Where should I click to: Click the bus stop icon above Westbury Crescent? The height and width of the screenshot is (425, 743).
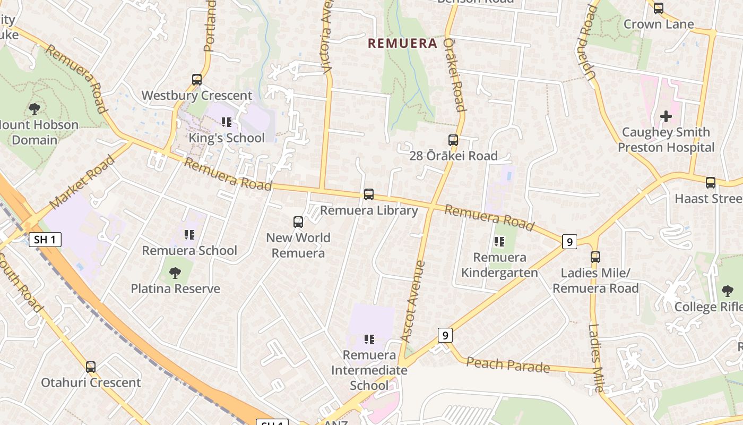[197, 80]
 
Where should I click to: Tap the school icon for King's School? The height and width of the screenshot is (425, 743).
[227, 122]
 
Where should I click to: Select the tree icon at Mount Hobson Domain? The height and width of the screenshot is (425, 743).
[34, 109]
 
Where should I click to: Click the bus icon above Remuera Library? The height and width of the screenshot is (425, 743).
[369, 194]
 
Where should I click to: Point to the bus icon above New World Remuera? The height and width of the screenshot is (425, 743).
[298, 222]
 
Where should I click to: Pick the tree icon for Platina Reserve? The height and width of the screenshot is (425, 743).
[175, 273]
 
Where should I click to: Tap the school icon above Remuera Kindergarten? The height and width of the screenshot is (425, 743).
[499, 242]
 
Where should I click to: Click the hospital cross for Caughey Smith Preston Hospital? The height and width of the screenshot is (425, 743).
[666, 116]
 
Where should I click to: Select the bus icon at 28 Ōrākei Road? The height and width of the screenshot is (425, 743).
[453, 140]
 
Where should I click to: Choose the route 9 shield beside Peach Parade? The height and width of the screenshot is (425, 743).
[445, 335]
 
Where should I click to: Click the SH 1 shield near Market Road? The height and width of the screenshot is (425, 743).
[45, 240]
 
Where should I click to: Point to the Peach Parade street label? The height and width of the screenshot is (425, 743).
[508, 365]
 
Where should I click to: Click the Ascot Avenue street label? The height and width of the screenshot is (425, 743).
[413, 301]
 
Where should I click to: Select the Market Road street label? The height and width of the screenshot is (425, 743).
[82, 182]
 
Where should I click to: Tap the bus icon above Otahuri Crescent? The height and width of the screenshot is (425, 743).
[91, 367]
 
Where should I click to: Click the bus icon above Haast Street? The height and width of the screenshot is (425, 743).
[711, 183]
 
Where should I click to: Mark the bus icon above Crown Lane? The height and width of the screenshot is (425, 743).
[659, 8]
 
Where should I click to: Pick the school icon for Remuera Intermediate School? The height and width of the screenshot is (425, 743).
[369, 339]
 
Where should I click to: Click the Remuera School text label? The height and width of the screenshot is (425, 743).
[189, 250]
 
